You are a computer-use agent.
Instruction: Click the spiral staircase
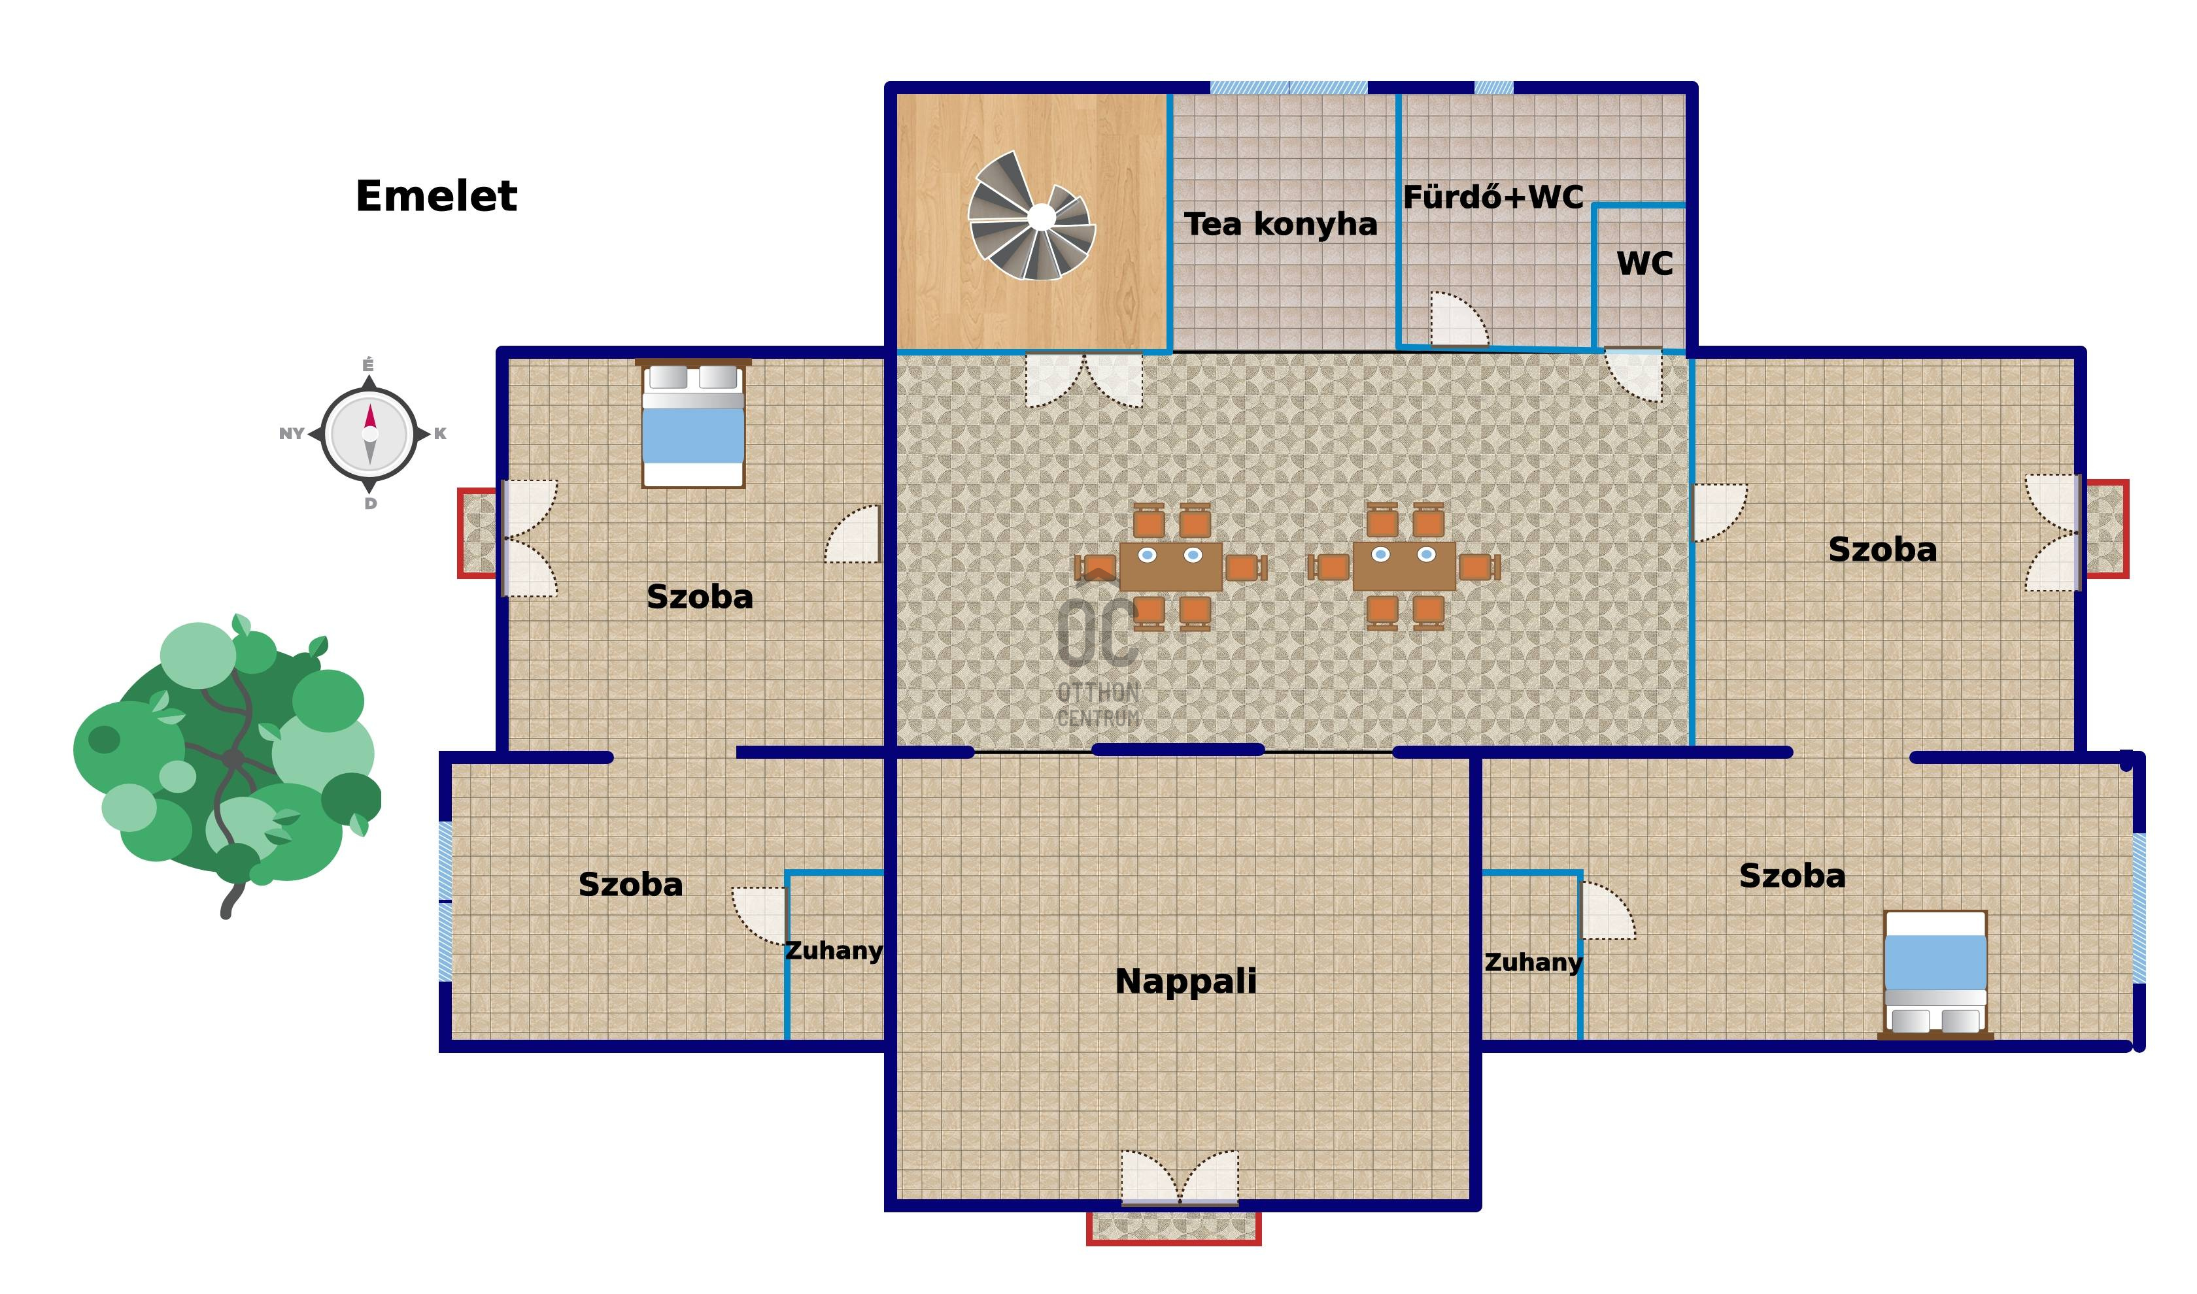pyautogui.click(x=1032, y=216)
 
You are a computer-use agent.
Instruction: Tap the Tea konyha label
pyautogui.click(x=1280, y=225)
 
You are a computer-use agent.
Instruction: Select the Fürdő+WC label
pyautogui.click(x=1493, y=197)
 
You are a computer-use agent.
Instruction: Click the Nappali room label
pyautogui.click(x=1185, y=982)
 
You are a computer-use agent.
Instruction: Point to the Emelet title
pyautogui.click(x=436, y=196)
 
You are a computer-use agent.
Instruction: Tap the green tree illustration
pyautogui.click(x=228, y=765)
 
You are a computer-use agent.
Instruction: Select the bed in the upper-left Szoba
pyautogui.click(x=692, y=423)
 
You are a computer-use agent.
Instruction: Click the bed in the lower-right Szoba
pyautogui.click(x=1935, y=975)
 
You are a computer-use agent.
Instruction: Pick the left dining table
pyautogui.click(x=1170, y=567)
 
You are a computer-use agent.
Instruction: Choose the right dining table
pyautogui.click(x=1403, y=567)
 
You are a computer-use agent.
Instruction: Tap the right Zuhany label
pyautogui.click(x=1533, y=963)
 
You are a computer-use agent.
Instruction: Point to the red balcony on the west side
pyautogui.click(x=478, y=533)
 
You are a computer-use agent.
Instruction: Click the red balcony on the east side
pyautogui.click(x=2105, y=529)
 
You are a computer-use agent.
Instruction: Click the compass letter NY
pyautogui.click(x=292, y=434)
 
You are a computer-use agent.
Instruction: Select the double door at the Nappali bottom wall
pyautogui.click(x=1179, y=1178)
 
